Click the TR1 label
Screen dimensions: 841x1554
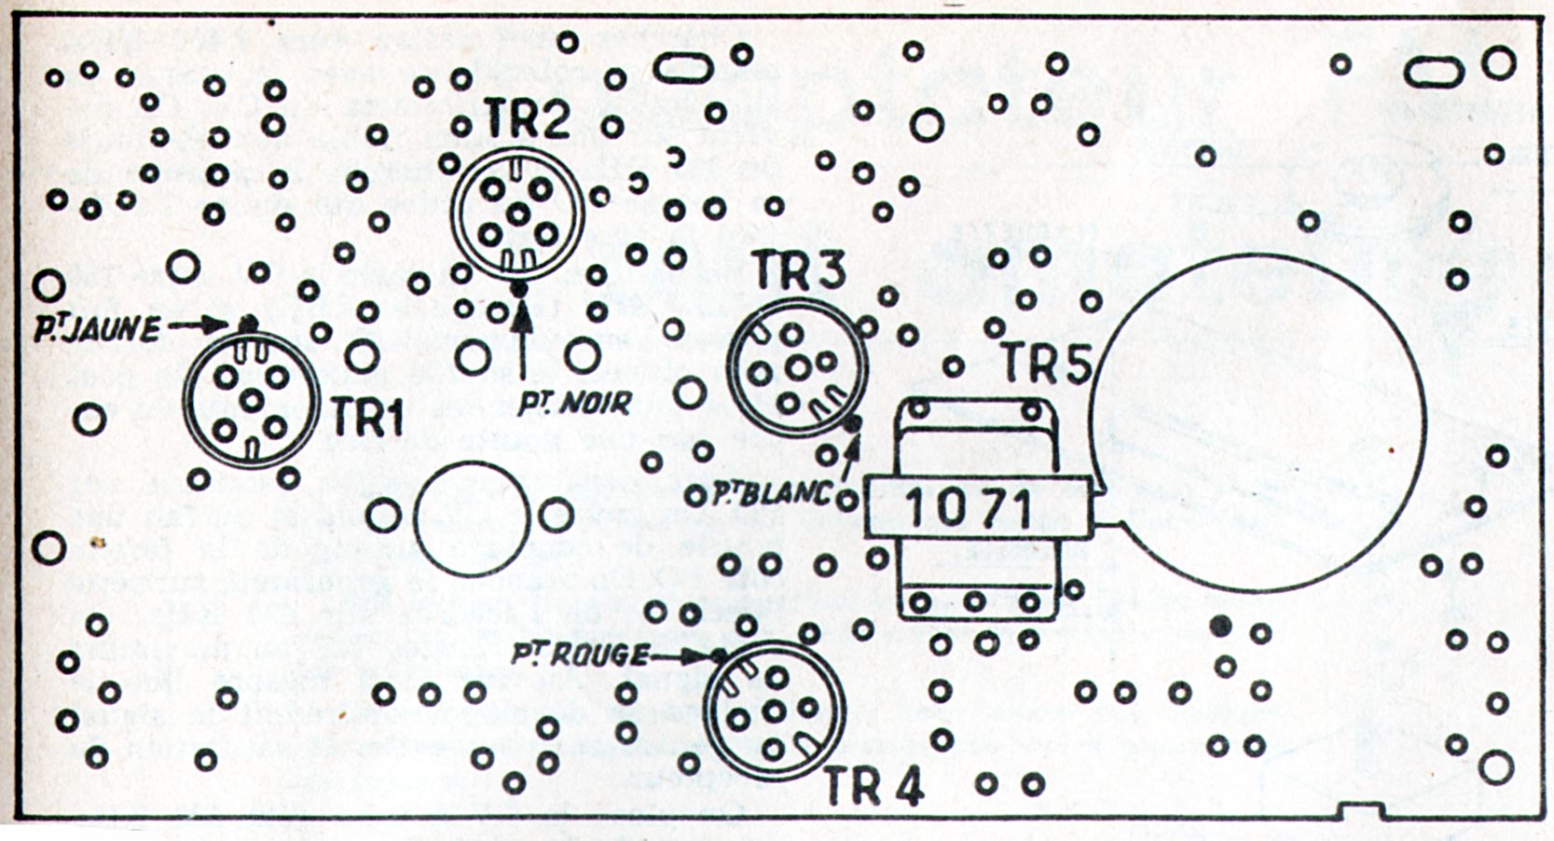tap(368, 421)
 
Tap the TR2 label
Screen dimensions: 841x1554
tap(528, 120)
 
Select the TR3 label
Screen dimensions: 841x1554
tap(799, 271)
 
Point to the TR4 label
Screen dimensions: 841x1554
tap(873, 789)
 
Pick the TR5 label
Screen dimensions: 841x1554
tap(1045, 365)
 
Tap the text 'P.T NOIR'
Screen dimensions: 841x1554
tap(575, 404)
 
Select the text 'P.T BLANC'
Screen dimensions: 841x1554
tap(770, 494)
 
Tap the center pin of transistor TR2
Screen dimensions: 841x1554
tap(517, 213)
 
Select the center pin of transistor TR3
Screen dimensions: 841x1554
tap(796, 367)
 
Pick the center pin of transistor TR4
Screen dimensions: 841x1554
tap(774, 711)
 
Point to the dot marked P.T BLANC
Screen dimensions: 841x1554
tap(851, 425)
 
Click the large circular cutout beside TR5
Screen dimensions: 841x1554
tap(1258, 421)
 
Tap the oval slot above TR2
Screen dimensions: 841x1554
tap(685, 67)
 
